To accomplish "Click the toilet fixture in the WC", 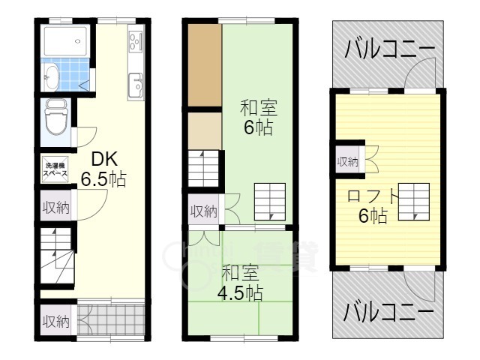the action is click(x=55, y=118).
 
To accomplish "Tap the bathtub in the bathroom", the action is click(x=65, y=41).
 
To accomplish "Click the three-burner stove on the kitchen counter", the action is click(x=136, y=41).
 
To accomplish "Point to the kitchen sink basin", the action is click(x=136, y=85).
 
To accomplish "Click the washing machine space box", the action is click(x=55, y=169).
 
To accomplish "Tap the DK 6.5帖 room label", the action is click(x=103, y=169).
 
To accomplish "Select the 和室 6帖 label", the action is click(x=258, y=117).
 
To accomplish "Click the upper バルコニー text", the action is click(x=390, y=49).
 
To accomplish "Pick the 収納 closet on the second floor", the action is click(x=203, y=210).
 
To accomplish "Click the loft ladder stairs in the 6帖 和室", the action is click(x=270, y=202).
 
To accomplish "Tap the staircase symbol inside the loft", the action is click(x=413, y=202).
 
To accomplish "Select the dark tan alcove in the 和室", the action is click(x=205, y=65).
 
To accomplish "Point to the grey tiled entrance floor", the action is click(x=111, y=320).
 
